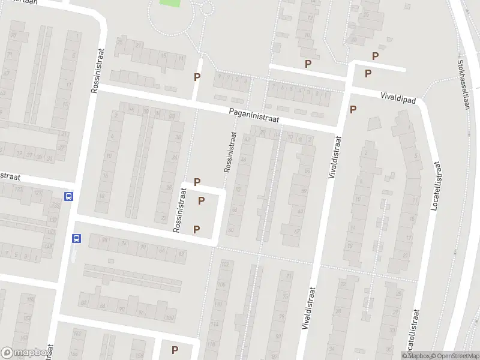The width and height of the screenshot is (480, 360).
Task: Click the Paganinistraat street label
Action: coord(254,115)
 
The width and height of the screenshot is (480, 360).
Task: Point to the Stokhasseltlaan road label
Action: coord(463,84)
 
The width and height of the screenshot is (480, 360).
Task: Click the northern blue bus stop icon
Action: coord(69,196)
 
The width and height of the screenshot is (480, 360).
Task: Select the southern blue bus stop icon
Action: coord(76,238)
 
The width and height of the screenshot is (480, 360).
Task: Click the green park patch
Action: coord(170,2)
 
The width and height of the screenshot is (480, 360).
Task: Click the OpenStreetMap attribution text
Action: coord(455,356)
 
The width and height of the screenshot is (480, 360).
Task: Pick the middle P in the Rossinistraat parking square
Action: coord(202,200)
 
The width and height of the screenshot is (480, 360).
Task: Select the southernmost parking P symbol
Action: coord(175,350)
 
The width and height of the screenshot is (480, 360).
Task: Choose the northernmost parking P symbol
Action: coord(376,56)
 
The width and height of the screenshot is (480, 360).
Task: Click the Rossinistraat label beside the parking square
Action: coord(179,210)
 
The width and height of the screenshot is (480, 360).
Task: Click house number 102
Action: coord(226,264)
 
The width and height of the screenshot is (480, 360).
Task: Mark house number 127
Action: coord(38,193)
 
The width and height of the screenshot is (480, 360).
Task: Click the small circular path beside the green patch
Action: coord(208,8)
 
